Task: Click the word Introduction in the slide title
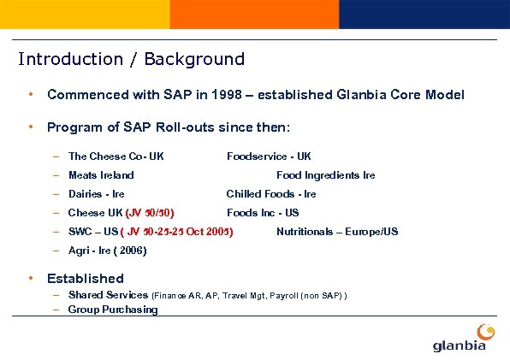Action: (70, 59)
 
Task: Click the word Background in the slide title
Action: (194, 59)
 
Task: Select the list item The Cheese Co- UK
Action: (116, 156)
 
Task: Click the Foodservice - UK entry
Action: (269, 156)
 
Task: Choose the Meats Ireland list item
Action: (101, 175)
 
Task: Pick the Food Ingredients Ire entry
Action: (325, 175)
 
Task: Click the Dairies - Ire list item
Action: (96, 194)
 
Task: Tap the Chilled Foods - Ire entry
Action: (271, 194)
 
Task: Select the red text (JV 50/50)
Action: (152, 213)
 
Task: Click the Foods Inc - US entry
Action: (263, 213)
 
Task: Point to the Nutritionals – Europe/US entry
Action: (337, 232)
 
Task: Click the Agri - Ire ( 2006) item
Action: (107, 251)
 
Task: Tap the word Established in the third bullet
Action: (85, 278)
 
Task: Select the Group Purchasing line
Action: (113, 310)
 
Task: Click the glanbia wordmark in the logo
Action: (460, 345)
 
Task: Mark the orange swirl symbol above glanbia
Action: (485, 329)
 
